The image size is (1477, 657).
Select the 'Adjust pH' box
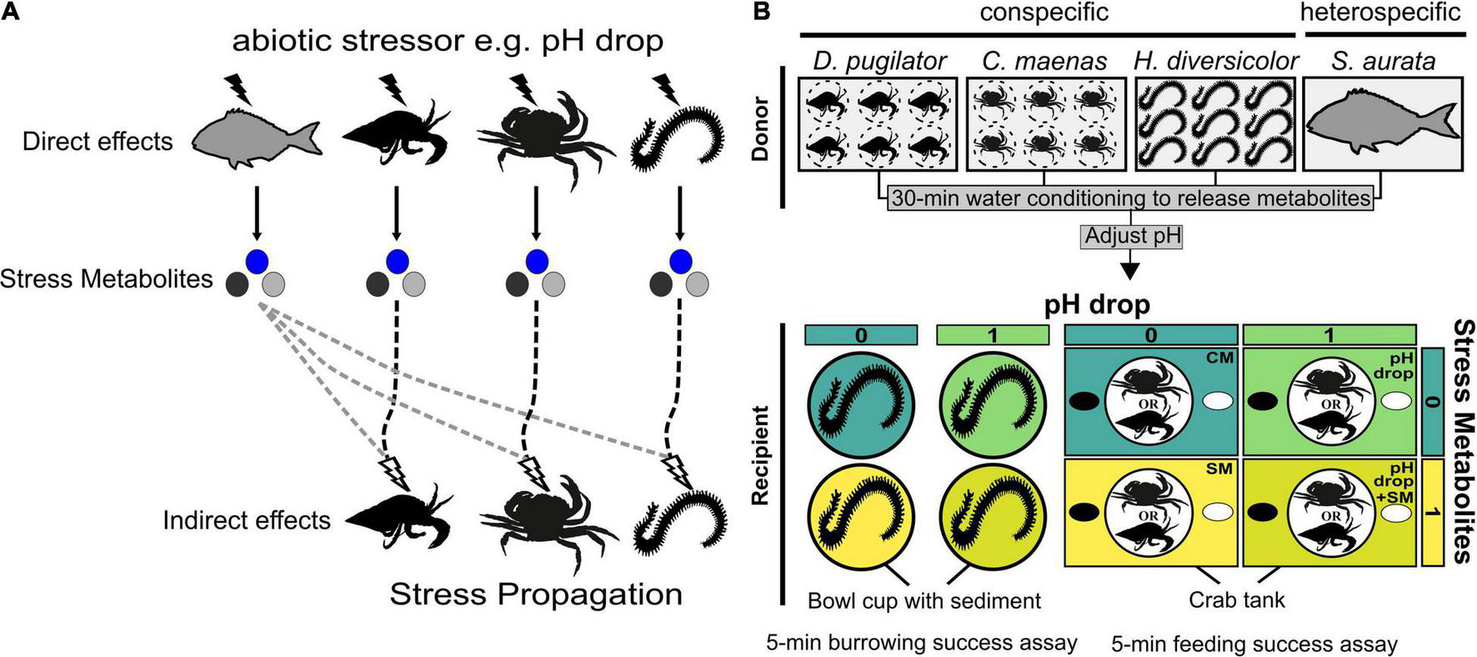1132,236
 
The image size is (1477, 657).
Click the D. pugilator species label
879,61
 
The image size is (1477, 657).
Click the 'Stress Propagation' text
536,594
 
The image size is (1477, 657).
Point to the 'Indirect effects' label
247,521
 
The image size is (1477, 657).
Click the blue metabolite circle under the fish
258,260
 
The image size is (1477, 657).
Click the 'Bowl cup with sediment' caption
924,600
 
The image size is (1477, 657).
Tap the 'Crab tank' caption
1237,599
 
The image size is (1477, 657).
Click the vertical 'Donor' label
760,124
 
